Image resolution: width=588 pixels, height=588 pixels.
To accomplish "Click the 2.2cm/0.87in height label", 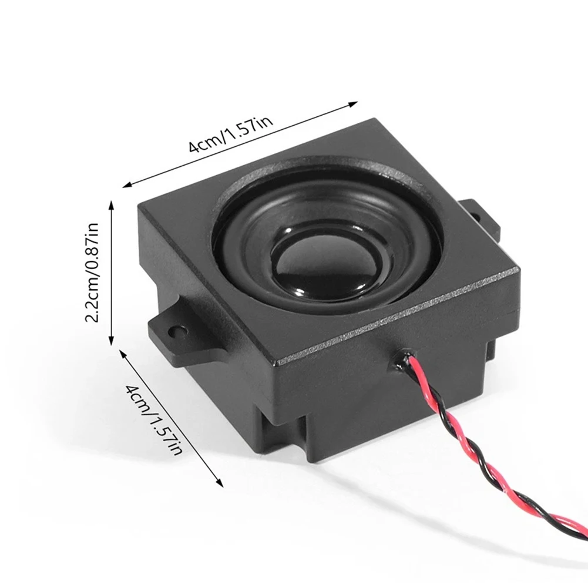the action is pos(92,272).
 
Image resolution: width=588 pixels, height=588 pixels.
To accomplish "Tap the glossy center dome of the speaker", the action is pos(322,263).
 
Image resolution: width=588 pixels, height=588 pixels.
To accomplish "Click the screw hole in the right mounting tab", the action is pos(477,217).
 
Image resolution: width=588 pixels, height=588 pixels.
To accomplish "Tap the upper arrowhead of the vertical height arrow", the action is pos(111,205).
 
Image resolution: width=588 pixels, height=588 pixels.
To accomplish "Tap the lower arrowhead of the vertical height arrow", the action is pos(111,341).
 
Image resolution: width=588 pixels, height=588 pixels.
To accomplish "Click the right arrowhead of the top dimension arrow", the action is pos(354,104).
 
